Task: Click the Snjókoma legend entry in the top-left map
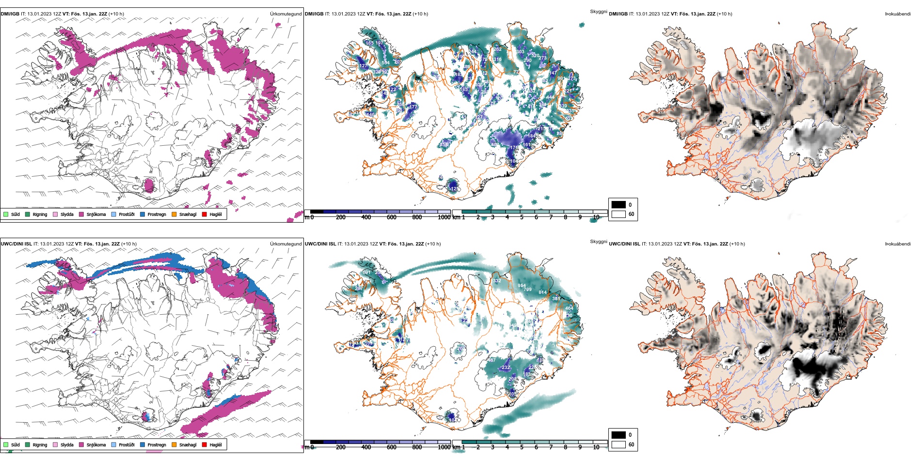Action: click(96, 215)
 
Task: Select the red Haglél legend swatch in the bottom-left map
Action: click(205, 445)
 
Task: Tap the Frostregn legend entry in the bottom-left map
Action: click(157, 445)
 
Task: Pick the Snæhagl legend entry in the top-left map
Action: click(188, 215)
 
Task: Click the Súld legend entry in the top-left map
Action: click(15, 215)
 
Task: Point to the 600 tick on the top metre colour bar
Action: click(391, 217)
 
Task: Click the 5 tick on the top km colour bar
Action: click(522, 217)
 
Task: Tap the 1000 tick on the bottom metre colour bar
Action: click(444, 447)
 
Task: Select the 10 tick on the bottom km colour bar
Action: click(596, 447)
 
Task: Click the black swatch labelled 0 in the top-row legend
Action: click(619, 205)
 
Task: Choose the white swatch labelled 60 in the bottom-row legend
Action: click(619, 445)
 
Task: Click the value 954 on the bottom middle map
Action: click(522, 286)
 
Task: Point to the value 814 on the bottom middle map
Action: click(542, 292)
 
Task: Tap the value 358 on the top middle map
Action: click(444, 145)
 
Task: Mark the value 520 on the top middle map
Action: click(535, 56)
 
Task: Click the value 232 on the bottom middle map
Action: click(506, 368)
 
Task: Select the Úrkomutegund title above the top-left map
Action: click(286, 14)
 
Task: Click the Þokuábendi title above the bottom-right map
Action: click(898, 244)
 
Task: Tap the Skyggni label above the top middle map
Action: click(598, 12)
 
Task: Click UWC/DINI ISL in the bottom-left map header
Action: click(16, 244)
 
